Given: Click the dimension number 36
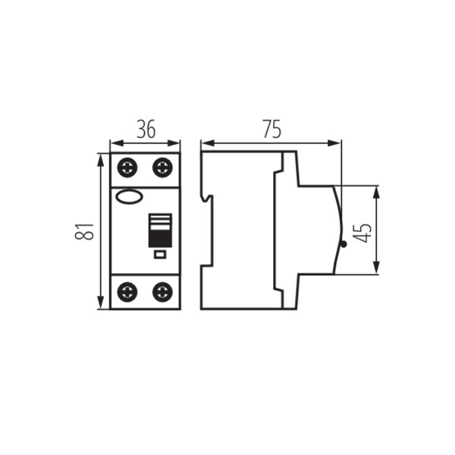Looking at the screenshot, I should (x=146, y=130).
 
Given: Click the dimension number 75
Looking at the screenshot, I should (x=271, y=130).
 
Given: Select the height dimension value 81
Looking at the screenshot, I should (x=86, y=231).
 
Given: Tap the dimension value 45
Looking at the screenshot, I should (x=363, y=231).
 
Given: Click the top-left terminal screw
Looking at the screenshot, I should (x=127, y=167).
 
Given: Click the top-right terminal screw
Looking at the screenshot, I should (x=162, y=167).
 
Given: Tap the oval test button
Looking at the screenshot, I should (x=128, y=198).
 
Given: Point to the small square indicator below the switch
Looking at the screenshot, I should (x=159, y=255).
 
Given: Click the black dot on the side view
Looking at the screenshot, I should (x=343, y=244).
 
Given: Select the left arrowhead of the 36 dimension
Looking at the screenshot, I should (x=114, y=142).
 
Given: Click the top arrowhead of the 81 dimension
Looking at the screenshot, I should (x=101, y=157).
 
